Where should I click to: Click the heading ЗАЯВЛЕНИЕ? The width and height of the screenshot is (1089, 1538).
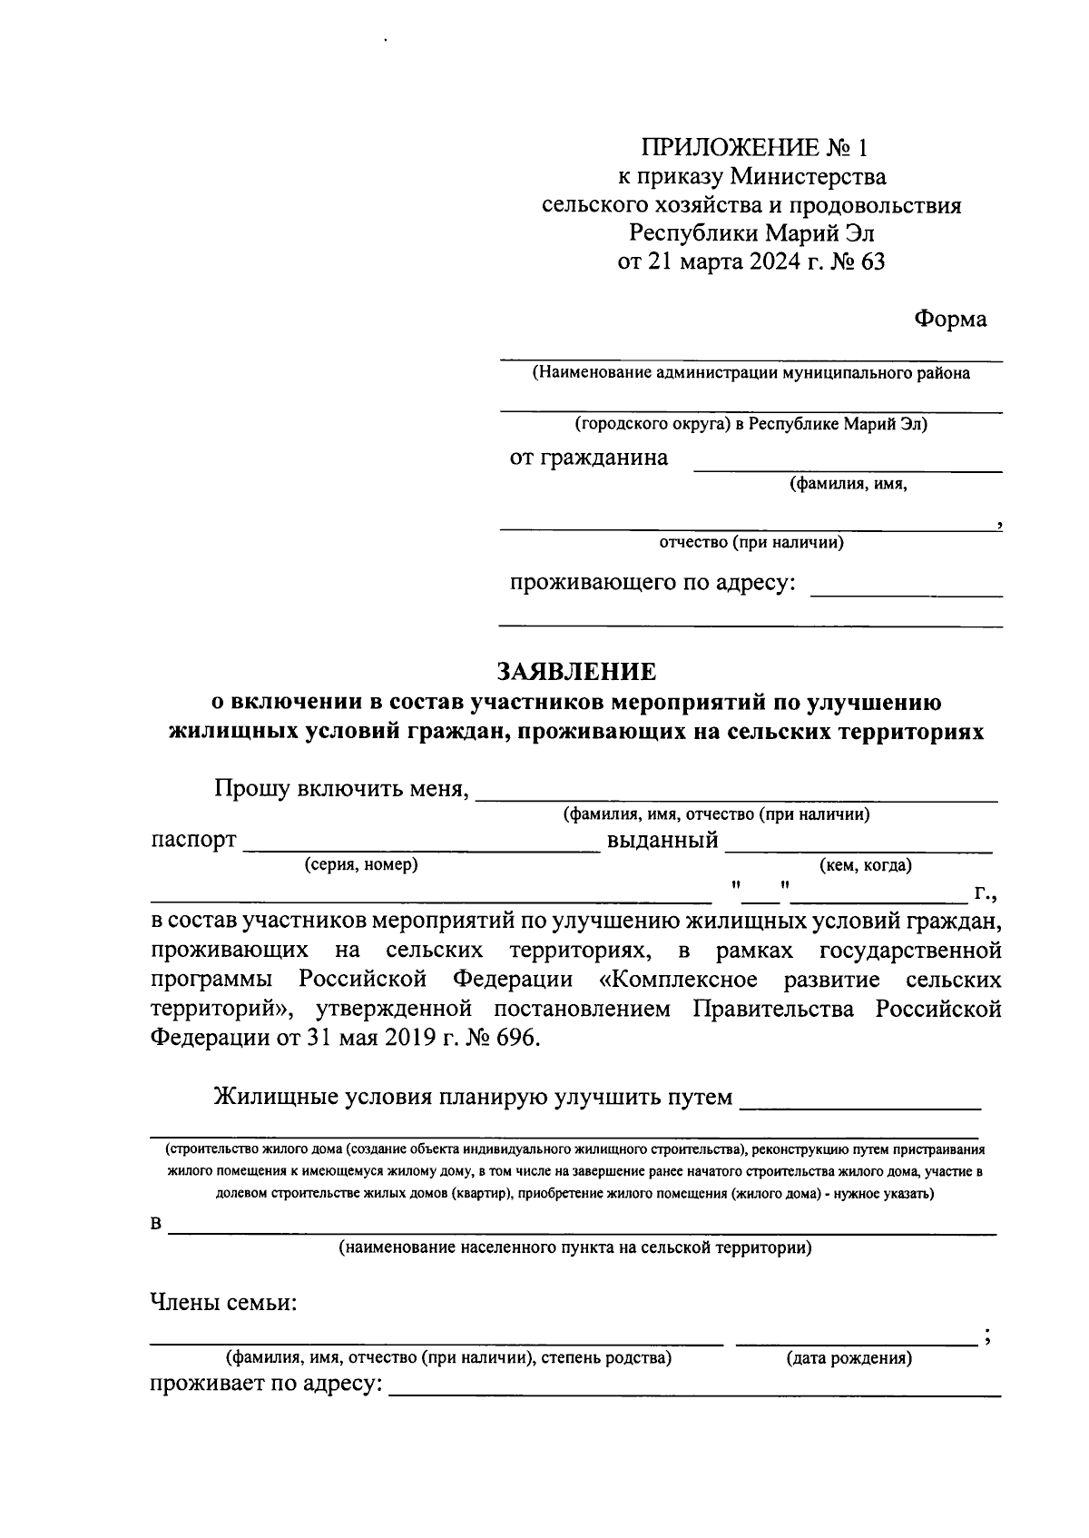pos(575,672)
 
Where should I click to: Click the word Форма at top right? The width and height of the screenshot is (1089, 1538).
pos(950,320)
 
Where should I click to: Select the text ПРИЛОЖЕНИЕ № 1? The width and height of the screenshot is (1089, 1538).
pos(755,147)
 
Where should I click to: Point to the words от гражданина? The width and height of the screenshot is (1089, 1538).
pos(588,458)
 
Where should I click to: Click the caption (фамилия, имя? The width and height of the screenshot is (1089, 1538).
pos(849,484)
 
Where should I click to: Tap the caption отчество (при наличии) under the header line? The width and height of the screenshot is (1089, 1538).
pos(751,543)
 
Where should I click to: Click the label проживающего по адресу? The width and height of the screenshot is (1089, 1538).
pos(652,582)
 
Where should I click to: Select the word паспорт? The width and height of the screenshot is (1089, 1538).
pos(193,840)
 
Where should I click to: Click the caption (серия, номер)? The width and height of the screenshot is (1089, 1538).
pos(361,864)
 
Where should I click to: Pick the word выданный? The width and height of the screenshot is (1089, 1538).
pos(662,840)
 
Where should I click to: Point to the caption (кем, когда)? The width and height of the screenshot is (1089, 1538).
pos(865,865)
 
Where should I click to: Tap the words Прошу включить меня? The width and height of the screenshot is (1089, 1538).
pos(341,788)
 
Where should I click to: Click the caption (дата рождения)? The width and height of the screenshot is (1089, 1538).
pos(849,1358)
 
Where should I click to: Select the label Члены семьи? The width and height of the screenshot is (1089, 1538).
pos(223,1304)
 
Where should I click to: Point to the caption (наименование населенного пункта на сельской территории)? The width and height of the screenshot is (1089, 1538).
pos(575,1247)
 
